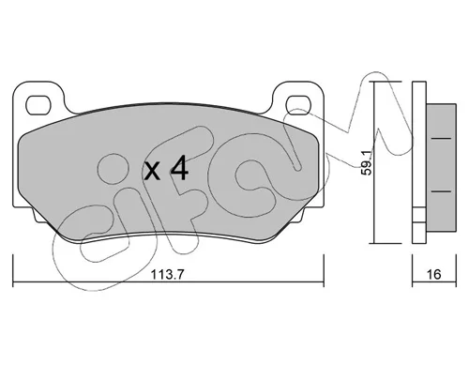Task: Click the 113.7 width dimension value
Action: coord(168,275)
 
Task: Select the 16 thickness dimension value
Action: coord(433,274)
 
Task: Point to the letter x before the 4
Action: coord(152,172)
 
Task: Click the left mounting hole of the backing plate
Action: coord(38,105)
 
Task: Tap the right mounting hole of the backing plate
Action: coord(298,105)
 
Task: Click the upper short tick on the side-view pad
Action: coord(441,138)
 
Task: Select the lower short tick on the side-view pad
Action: coord(441,191)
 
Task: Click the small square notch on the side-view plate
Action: coord(419,215)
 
